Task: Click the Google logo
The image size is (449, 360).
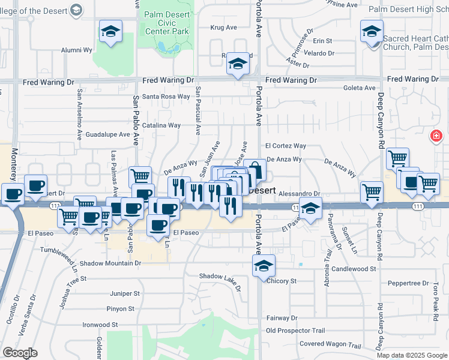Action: point(21,353)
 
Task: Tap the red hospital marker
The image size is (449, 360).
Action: point(435,137)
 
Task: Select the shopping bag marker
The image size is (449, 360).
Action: point(254,170)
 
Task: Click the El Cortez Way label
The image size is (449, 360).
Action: point(285,146)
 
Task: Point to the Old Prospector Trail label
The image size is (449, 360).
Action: point(295,331)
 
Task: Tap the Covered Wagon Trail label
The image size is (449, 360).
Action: point(330,345)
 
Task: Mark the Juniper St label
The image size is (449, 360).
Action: point(125,294)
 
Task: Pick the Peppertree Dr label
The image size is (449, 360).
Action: point(408,283)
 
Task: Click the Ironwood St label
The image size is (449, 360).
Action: point(100,325)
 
